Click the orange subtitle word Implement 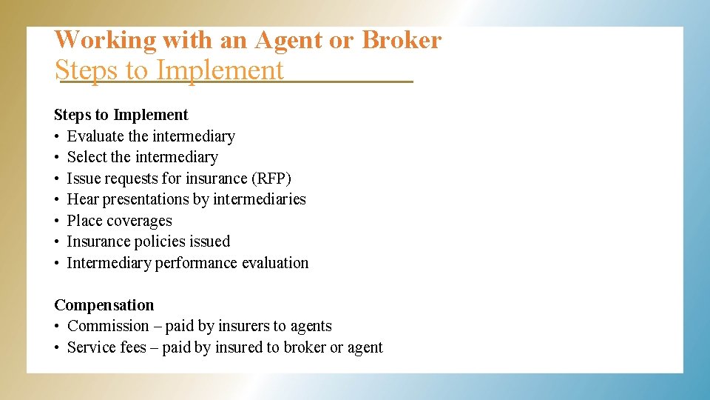click(x=220, y=70)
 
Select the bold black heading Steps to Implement click(x=121, y=115)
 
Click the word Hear click(x=83, y=199)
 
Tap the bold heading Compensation click(x=104, y=305)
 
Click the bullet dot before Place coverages click(x=57, y=221)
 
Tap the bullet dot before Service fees click(x=57, y=347)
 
